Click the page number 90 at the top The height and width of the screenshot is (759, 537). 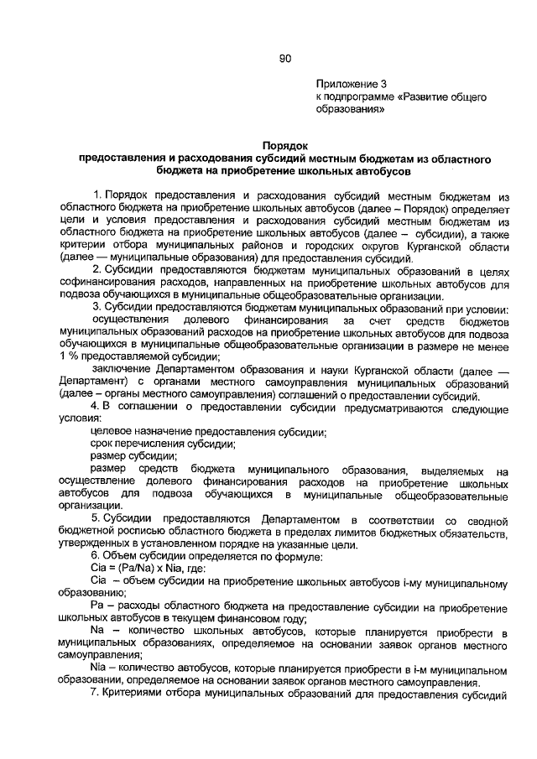pyautogui.click(x=284, y=58)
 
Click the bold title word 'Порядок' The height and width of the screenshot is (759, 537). pyautogui.click(x=284, y=145)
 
